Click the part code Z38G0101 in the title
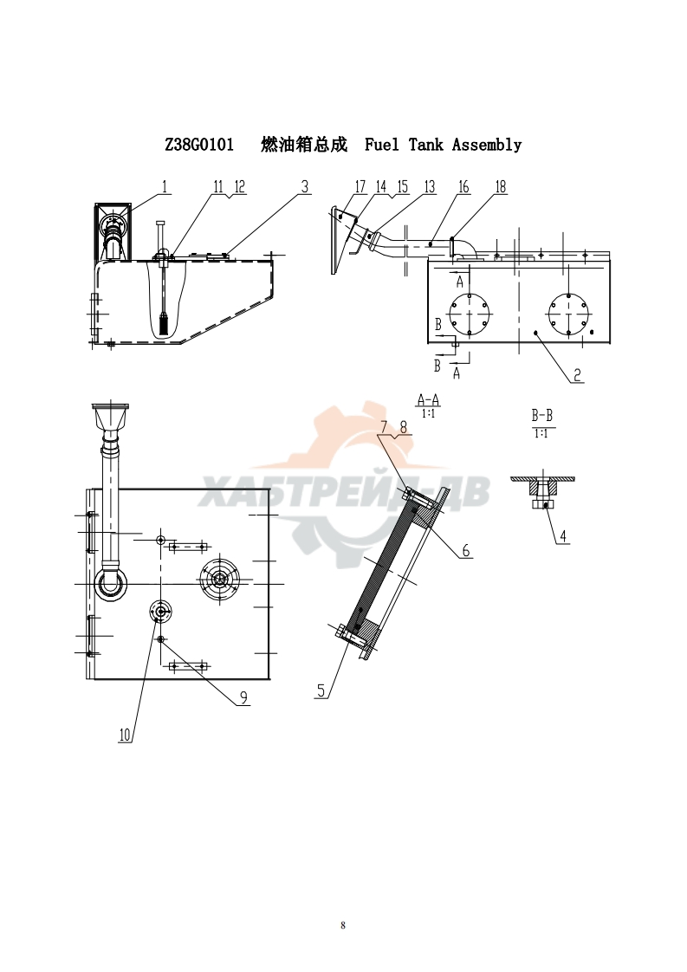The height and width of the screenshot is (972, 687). coord(199,145)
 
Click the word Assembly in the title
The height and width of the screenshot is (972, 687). coord(487,145)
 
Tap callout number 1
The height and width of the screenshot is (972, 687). coord(165,186)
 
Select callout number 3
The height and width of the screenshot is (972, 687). coord(304,186)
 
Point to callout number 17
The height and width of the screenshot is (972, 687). coord(360,186)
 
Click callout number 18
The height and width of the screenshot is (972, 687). coord(501,186)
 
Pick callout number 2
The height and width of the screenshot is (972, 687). coord(577,374)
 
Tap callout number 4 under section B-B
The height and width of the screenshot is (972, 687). coord(562,536)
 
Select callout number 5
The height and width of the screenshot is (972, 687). coord(321,690)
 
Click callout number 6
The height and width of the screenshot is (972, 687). coord(465,550)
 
